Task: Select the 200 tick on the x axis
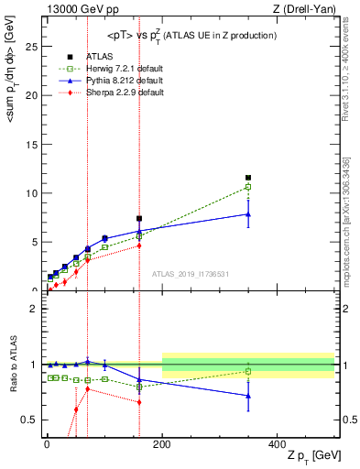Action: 162,442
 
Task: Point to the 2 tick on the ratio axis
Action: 36,309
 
